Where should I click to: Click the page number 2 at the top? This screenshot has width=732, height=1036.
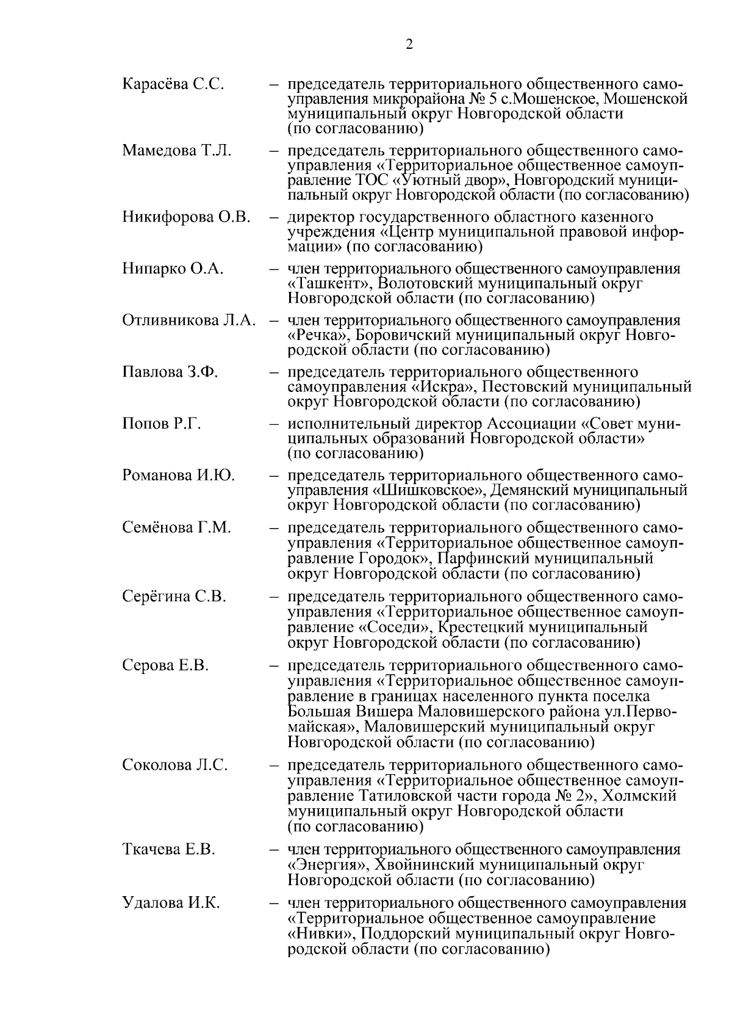point(409,44)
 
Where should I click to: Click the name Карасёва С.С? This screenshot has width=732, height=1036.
point(173,84)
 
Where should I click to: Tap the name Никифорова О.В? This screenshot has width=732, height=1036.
point(187,217)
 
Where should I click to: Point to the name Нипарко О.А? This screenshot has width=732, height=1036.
point(173,269)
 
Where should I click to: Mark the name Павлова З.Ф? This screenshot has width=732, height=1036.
point(170,372)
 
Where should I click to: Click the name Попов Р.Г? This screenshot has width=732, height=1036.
point(162,424)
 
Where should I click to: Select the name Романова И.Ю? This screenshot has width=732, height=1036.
point(179,475)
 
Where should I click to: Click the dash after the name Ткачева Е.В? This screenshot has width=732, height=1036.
point(276,850)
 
